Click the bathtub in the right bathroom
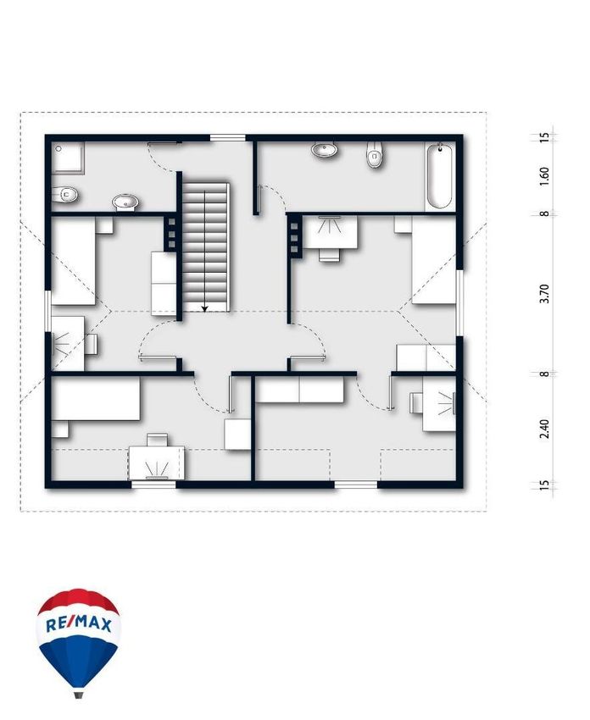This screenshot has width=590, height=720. click(440, 177)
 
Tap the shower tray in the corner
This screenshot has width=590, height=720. click(68, 158)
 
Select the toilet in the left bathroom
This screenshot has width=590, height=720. click(64, 195)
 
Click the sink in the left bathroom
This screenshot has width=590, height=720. click(125, 202)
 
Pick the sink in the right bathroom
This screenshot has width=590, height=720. click(325, 150)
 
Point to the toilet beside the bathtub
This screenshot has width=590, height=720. click(375, 155)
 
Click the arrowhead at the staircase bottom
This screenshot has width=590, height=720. click(205, 308)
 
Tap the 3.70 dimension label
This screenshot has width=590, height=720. click(544, 293)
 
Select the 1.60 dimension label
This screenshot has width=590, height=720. click(544, 176)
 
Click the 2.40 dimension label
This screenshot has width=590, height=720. click(544, 429)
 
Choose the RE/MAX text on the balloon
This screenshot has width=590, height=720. click(79, 624)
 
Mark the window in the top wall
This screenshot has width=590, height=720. click(228, 137)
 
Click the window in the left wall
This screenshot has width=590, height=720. click(48, 311)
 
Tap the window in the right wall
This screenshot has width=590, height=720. click(459, 303)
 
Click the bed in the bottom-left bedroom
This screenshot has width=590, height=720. click(96, 399)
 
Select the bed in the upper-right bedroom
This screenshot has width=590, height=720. click(434, 260)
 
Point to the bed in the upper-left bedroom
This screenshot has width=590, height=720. click(74, 261)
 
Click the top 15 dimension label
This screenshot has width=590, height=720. click(544, 137)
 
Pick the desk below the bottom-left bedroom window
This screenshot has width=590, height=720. click(157, 462)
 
